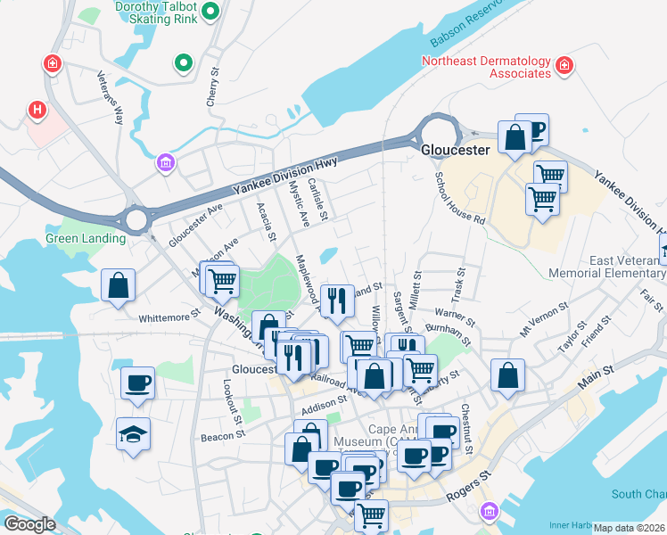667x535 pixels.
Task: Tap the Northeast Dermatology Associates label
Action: [x=487, y=67]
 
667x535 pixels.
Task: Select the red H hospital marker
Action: [x=37, y=110]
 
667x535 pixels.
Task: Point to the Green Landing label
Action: [x=86, y=239]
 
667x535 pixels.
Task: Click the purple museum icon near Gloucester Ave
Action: [x=165, y=162]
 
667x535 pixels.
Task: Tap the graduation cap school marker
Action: [x=133, y=434]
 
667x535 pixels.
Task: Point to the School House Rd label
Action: [x=459, y=198]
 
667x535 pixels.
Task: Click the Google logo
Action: [x=29, y=524]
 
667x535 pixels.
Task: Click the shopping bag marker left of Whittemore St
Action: [x=118, y=286]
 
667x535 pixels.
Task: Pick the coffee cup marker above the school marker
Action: [x=137, y=383]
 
